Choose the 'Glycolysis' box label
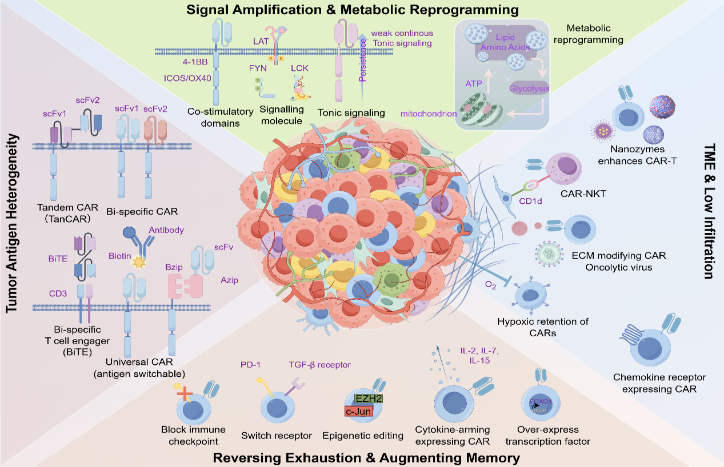point(529,88)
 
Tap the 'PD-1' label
point(251,364)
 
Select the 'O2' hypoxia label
point(490,285)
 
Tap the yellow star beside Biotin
point(137,263)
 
